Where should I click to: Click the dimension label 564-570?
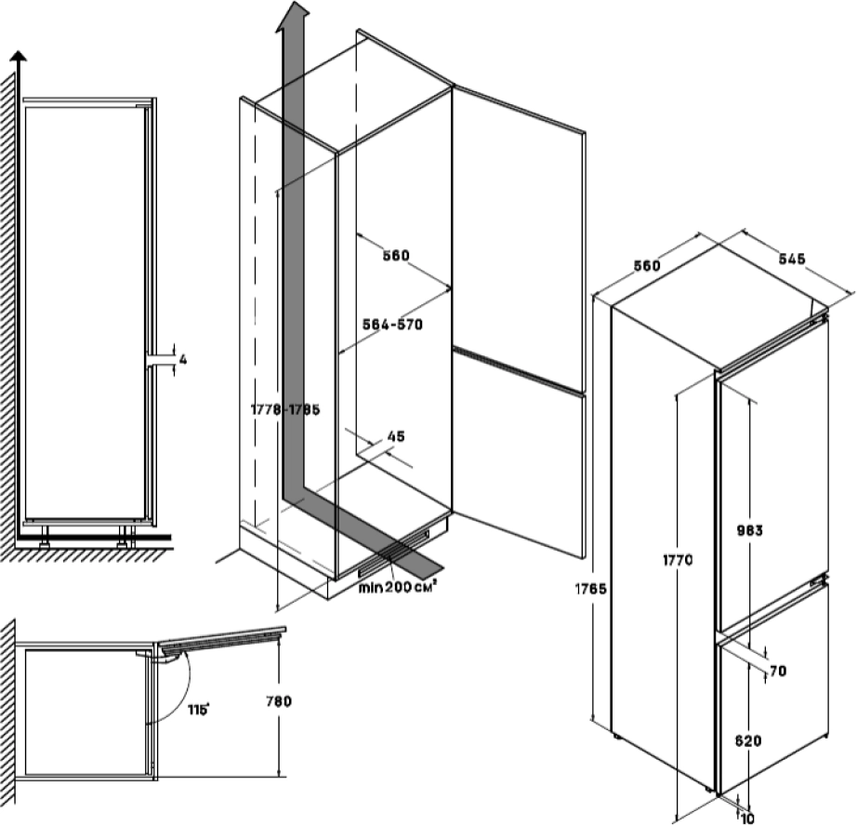tap(390, 325)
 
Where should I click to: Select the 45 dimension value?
tap(395, 435)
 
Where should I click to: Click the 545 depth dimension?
tap(791, 259)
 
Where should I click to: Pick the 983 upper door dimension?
tap(748, 531)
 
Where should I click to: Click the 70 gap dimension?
tap(778, 672)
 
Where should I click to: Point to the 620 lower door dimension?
tap(748, 741)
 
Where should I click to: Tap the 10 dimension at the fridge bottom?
tap(747, 818)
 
